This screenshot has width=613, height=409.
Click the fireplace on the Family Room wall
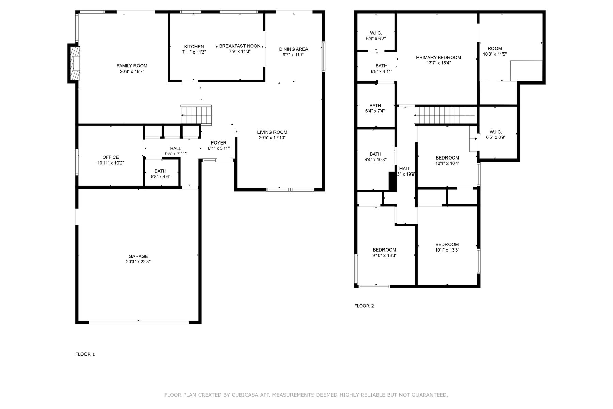point(75,63)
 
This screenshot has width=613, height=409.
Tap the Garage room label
point(138,256)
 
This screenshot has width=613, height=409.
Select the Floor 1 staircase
point(196,115)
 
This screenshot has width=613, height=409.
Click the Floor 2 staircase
point(445,115)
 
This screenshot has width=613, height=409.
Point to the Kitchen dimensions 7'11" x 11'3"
point(194,52)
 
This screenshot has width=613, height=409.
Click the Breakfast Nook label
point(240,46)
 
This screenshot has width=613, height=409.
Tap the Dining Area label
point(294,49)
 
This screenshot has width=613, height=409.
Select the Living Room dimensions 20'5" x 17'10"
point(272,138)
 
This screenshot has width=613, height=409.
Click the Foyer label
point(219,143)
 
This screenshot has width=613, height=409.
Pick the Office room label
point(111,157)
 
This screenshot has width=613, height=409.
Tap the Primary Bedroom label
point(439,57)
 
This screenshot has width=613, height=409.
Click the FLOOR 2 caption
point(364,306)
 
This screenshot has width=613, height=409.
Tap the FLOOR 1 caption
point(85,354)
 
